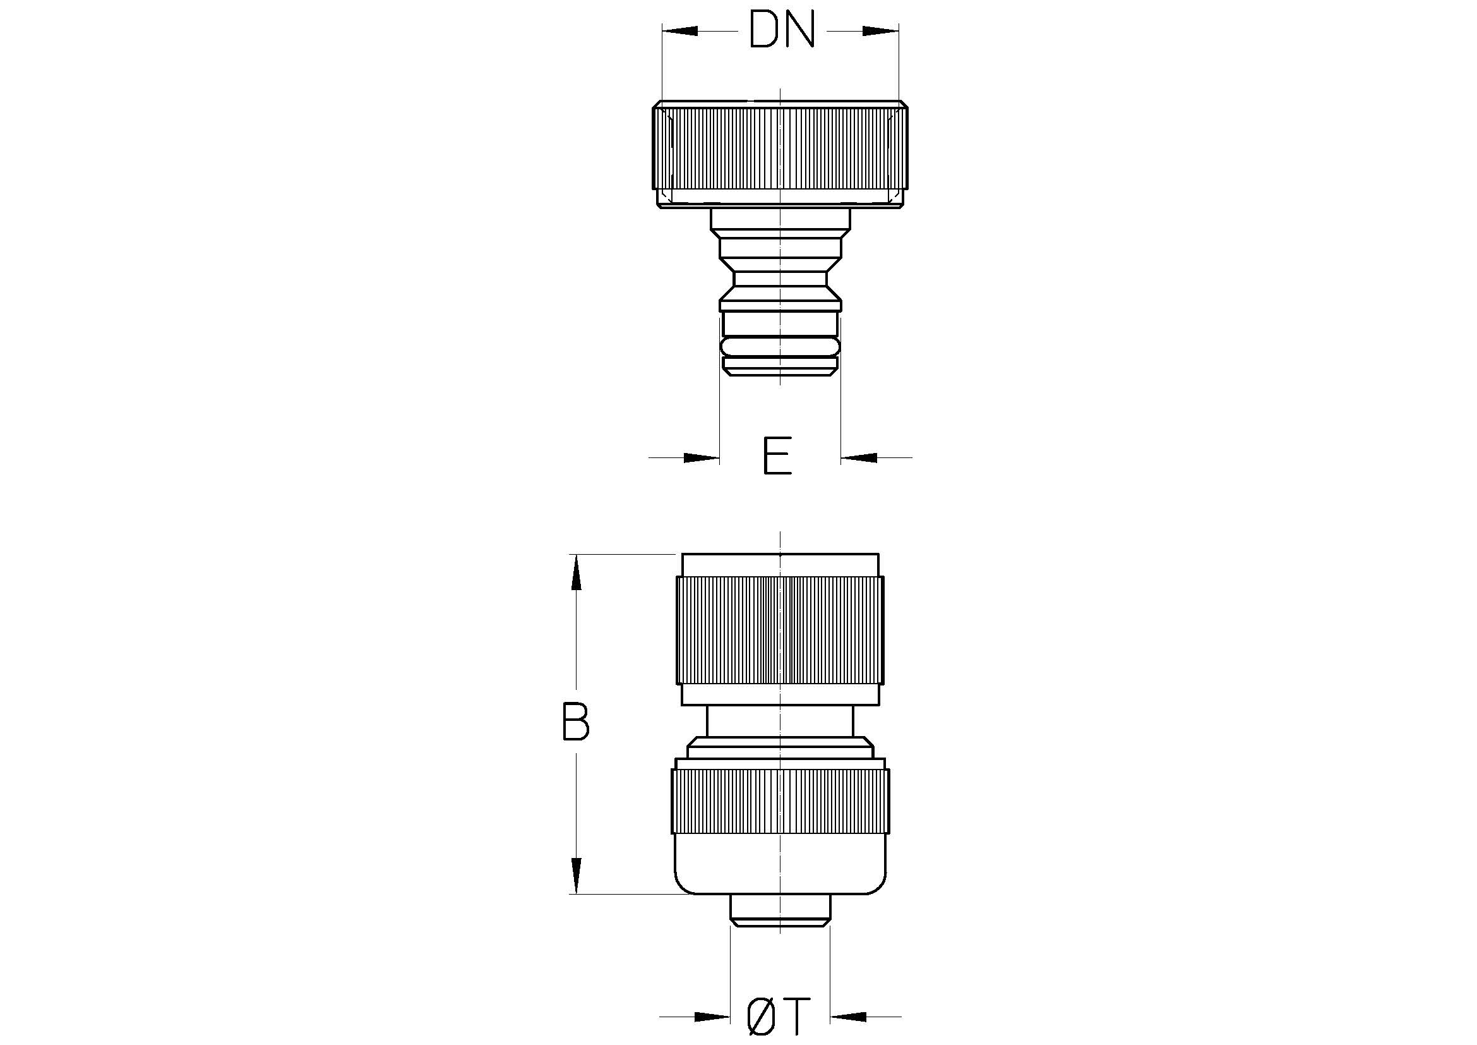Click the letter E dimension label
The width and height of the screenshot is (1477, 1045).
point(777,456)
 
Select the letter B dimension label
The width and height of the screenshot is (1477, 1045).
point(575,722)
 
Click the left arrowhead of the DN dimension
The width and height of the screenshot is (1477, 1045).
point(680,30)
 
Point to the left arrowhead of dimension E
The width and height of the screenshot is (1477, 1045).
point(701,457)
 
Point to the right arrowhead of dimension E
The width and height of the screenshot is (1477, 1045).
point(859,457)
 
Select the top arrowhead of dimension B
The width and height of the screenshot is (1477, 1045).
point(577,572)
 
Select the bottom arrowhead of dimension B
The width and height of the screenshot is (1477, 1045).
point(577,875)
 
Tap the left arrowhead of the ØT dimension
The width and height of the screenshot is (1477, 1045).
point(712,1017)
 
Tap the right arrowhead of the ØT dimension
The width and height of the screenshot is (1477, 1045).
point(849,1017)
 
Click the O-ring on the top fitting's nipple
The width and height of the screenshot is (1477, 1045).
point(780,347)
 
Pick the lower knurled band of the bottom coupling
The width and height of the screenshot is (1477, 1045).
point(780,802)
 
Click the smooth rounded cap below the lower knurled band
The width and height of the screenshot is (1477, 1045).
point(780,864)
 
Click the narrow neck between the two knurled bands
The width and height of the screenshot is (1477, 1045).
point(780,722)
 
